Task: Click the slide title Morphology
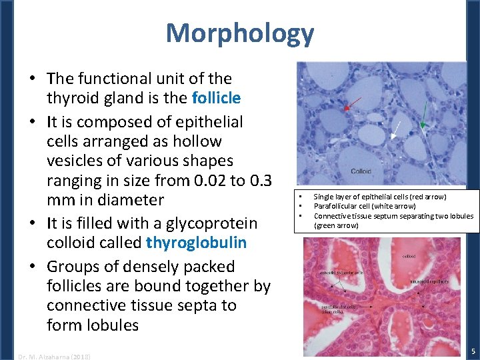point(239,33)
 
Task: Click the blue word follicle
point(215,99)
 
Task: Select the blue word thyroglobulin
point(200,242)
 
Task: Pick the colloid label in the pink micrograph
point(409,256)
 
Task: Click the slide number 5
point(472,351)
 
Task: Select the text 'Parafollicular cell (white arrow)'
point(364,206)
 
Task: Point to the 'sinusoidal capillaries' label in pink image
point(429,282)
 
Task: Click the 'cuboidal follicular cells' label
point(341,273)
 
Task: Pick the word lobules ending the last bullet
point(112,325)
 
